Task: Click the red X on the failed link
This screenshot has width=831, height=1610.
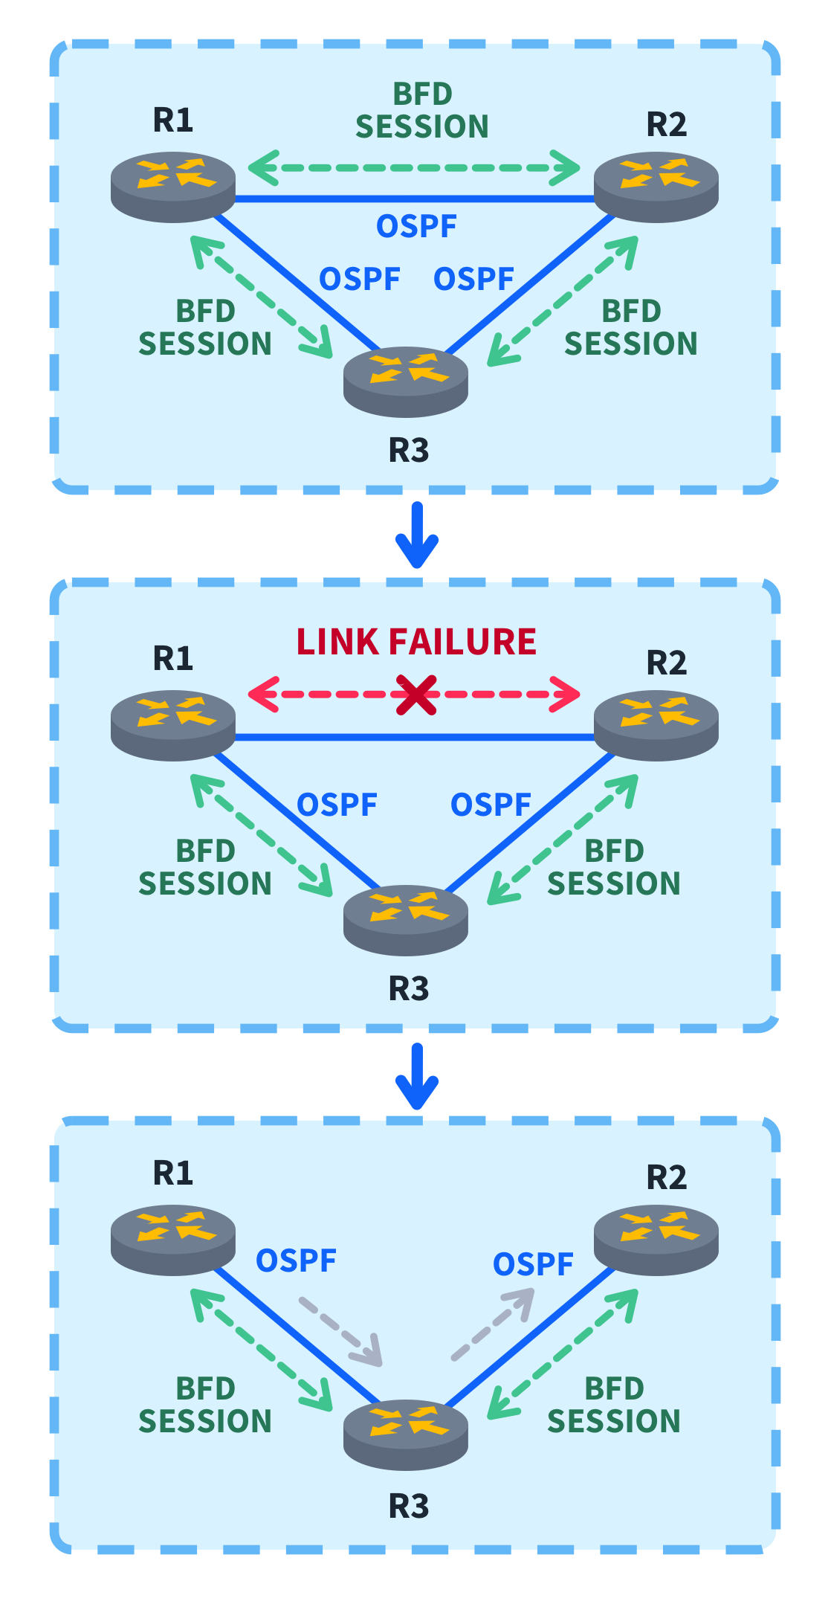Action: click(x=416, y=695)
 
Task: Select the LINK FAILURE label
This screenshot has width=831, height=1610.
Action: click(x=416, y=642)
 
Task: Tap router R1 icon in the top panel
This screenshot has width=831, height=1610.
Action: click(x=173, y=186)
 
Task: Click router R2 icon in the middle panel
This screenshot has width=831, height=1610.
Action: click(x=656, y=724)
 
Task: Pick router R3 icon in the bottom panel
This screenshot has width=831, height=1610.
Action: click(x=406, y=1434)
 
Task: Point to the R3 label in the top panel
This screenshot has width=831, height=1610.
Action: click(x=409, y=451)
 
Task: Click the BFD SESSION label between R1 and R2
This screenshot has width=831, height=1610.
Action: click(x=422, y=111)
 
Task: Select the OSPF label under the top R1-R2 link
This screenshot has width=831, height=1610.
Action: click(x=416, y=226)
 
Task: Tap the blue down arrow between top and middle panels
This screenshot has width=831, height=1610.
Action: click(x=417, y=536)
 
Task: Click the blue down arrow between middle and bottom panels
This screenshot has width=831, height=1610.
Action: click(x=417, y=1076)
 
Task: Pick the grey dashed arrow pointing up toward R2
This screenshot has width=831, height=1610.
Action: click(x=492, y=1326)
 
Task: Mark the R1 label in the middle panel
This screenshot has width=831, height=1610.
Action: click(x=173, y=658)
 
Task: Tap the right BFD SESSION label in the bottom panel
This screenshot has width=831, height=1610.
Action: click(x=614, y=1405)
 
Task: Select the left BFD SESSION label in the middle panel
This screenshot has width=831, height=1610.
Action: click(x=205, y=867)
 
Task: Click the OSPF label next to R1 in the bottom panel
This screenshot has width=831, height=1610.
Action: click(x=296, y=1260)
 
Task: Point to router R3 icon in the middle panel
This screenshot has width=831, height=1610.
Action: click(x=406, y=919)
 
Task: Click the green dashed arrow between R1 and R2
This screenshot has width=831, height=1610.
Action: click(x=413, y=168)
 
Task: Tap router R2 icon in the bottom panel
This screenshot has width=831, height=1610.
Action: click(x=656, y=1240)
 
